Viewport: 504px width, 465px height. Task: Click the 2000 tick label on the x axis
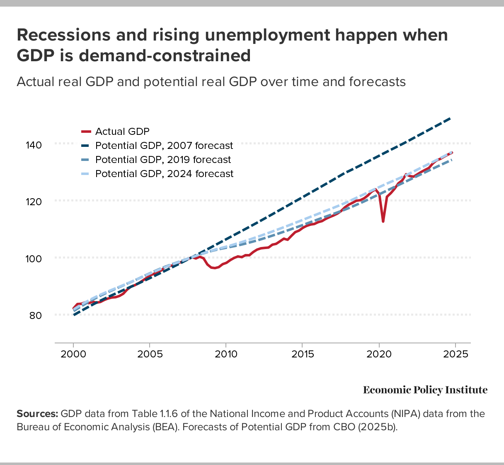tap(73, 355)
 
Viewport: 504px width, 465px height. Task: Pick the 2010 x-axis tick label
tap(226, 355)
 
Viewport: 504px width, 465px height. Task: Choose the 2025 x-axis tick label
tap(456, 355)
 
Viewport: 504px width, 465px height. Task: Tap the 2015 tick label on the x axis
tap(303, 355)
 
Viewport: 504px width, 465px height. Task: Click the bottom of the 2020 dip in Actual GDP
tap(383, 221)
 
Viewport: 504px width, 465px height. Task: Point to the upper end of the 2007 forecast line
tap(450, 119)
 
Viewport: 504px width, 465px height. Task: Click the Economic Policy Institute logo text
tap(425, 390)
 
